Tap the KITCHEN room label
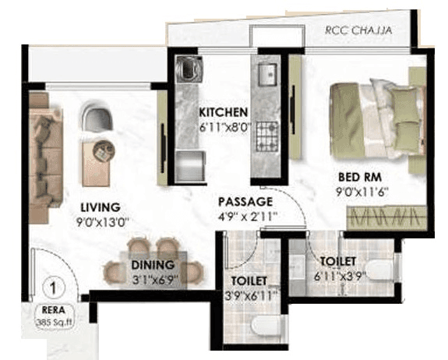click(223, 111)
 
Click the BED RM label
click(359, 176)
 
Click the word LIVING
click(101, 207)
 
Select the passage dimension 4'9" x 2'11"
click(247, 216)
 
